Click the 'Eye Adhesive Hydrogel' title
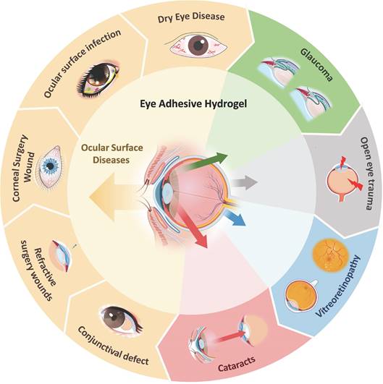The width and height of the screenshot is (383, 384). [193, 104]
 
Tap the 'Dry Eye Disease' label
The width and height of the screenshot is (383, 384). [191, 17]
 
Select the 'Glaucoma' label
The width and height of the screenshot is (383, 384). [316, 64]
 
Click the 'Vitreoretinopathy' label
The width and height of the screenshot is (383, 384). [338, 286]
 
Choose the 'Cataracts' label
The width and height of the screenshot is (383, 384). [237, 364]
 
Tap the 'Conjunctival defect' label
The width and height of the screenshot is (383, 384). [113, 346]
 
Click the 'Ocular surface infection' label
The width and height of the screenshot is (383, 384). [83, 64]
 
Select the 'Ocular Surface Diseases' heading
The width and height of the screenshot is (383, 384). [112, 154]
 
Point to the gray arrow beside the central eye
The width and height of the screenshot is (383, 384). [245, 182]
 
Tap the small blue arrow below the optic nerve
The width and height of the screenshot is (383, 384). [235, 219]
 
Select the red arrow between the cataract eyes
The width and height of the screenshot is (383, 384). [231, 337]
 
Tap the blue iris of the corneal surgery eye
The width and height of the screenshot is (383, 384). [50, 166]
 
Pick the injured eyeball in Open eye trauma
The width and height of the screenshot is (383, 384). [341, 182]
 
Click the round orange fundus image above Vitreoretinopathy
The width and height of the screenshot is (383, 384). [331, 255]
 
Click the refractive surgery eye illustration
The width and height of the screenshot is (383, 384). [61, 256]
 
